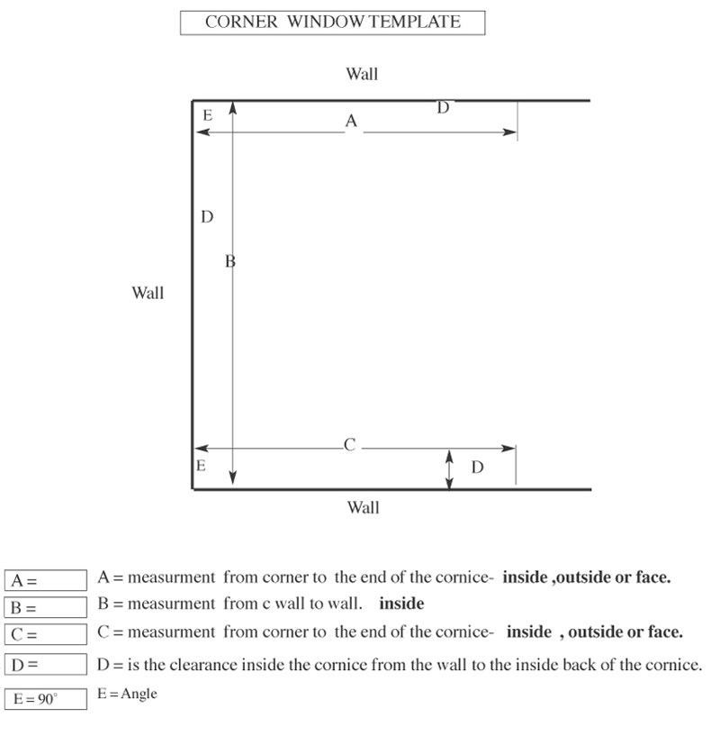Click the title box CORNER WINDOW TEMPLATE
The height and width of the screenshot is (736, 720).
click(x=332, y=23)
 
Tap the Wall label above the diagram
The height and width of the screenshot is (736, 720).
click(x=362, y=74)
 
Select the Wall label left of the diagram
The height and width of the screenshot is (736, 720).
click(x=148, y=293)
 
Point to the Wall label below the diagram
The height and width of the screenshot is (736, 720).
click(x=363, y=508)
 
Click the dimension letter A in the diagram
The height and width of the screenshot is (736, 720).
click(x=351, y=121)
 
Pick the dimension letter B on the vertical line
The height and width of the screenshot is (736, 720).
click(x=229, y=262)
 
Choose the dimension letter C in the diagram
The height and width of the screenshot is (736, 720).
click(x=350, y=444)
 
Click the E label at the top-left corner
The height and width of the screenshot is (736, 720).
click(x=207, y=115)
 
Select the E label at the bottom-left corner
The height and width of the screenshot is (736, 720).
click(x=201, y=466)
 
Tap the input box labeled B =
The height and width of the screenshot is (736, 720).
click(x=45, y=607)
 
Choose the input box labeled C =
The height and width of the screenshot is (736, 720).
click(x=45, y=634)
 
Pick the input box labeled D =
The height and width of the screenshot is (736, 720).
click(x=45, y=666)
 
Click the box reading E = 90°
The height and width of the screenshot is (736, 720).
click(x=45, y=698)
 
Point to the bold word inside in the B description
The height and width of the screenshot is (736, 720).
click(x=400, y=604)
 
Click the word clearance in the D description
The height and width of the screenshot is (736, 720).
click(x=227, y=665)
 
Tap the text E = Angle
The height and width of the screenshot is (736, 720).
click(x=127, y=695)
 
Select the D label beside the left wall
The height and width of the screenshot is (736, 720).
click(x=206, y=217)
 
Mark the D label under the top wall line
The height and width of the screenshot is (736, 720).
click(x=443, y=108)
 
